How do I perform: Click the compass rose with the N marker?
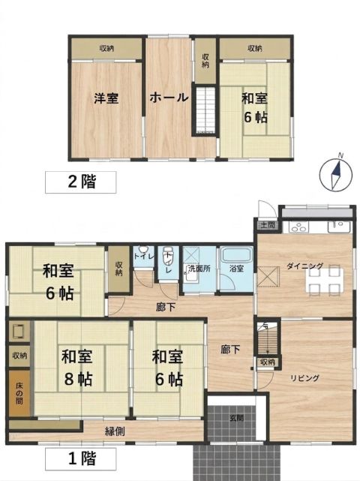pos(335,173)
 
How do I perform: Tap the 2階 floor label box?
pos(81,182)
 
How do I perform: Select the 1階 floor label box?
pos(81,459)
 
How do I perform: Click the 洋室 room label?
pos(106,98)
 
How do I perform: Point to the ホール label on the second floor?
pos(169,98)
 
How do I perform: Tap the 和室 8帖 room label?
pos(77,368)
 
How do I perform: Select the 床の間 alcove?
pos(19,393)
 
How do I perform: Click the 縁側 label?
pos(115,431)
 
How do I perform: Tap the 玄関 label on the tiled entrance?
pos(236,417)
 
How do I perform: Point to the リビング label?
pos(304,378)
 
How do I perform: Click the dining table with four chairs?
pos(325,280)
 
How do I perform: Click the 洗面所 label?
pos(199,269)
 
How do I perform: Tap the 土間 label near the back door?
pos(268,225)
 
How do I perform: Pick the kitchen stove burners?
pos(298,227)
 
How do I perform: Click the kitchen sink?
pos(339,227)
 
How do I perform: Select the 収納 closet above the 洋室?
pos(106,49)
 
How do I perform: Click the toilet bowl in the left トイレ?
pos(142,249)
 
